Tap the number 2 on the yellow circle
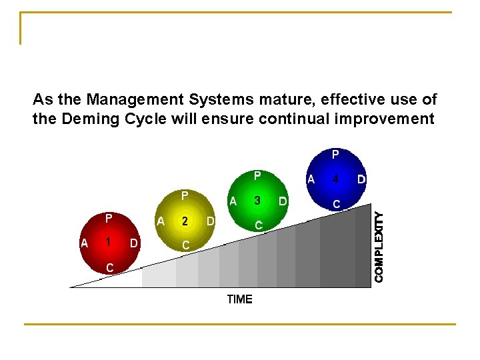pos(185,221)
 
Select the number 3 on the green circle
pos(257,201)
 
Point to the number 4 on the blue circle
pos(335,179)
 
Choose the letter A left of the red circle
pos(84,243)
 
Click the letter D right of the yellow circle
pos(211,221)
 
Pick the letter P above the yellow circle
pos(185,196)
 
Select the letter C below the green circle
pos(258,225)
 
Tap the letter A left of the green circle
pos(233,201)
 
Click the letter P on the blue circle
pos(335,155)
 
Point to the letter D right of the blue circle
pos(361,179)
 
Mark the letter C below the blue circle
pos(337,203)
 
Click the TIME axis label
pos(239,299)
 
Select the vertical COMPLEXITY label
pos(379,246)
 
